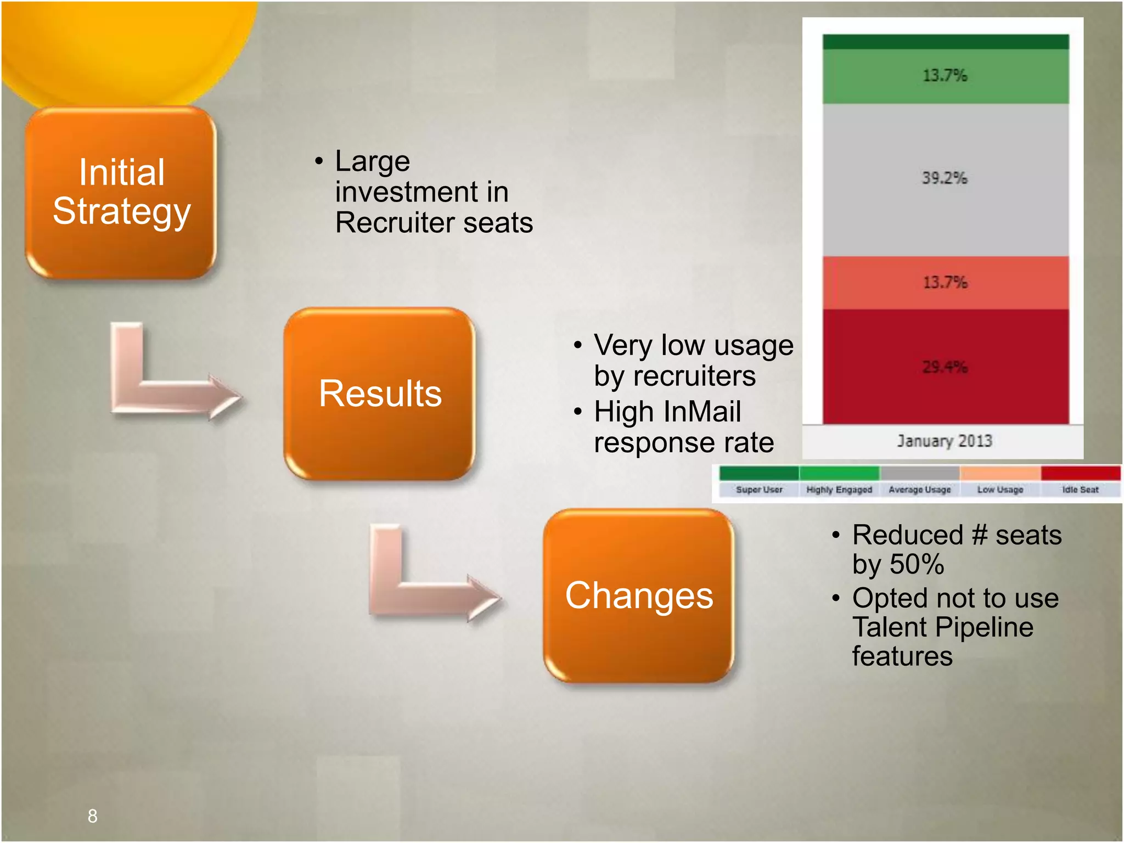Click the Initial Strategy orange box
pos(121,192)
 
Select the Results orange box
pos(380,394)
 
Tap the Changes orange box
pos(639,596)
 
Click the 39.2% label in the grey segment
pos(945,178)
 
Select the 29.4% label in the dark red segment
pos(945,367)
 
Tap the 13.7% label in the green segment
pos(945,75)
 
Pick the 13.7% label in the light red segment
pos(945,282)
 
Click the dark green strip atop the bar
pos(945,42)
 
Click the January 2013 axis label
pos(945,441)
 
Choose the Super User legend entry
pos(759,489)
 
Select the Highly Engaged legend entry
pos(839,489)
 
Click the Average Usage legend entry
pos(919,489)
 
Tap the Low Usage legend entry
pos(1000,489)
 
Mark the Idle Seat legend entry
pos(1080,489)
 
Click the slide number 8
pos(92,816)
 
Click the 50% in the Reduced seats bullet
pos(917,564)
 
